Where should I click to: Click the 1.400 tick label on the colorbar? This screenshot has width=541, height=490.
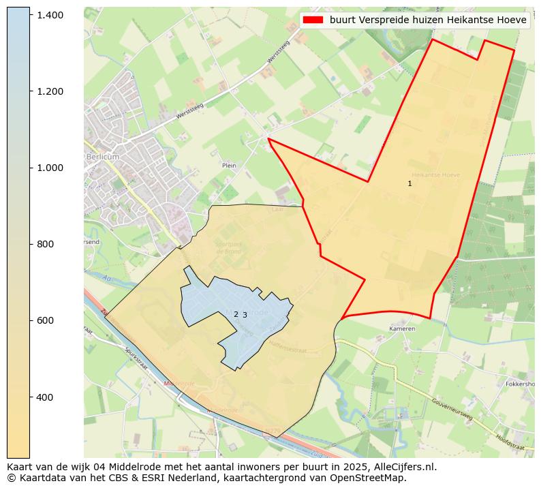click(x=50, y=15)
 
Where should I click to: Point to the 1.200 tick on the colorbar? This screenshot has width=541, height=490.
click(x=50, y=91)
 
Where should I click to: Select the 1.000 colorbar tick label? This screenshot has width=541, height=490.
click(x=50, y=168)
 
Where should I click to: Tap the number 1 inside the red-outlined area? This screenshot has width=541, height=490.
click(x=409, y=183)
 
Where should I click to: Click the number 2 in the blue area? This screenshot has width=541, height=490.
click(x=236, y=314)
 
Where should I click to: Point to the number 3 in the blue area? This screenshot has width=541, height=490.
click(x=245, y=315)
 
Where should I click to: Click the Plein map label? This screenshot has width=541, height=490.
click(x=229, y=165)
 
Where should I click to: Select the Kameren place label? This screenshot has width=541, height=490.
click(x=402, y=328)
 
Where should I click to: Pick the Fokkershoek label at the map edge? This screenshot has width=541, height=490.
click(x=521, y=384)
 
